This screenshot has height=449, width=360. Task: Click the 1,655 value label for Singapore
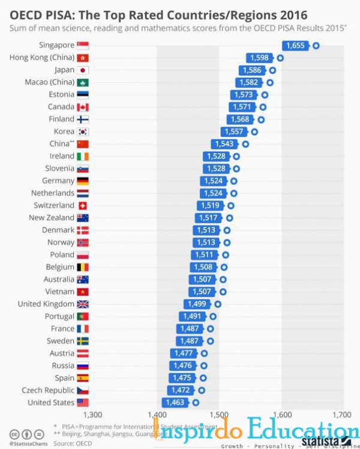pyautogui.click(x=296, y=45)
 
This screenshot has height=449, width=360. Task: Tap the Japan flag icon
pyautogui.click(x=83, y=70)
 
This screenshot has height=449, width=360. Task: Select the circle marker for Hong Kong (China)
pyautogui.click(x=280, y=58)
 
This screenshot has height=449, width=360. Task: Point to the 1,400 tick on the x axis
pyautogui.click(x=157, y=414)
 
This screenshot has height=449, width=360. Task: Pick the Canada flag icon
pyautogui.click(x=83, y=107)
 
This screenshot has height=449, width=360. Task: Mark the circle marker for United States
pyautogui.click(x=196, y=402)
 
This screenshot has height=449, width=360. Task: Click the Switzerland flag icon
pyautogui.click(x=83, y=205)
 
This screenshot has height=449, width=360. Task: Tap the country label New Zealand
pyautogui.click(x=52, y=217)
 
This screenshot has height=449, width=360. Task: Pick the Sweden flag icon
pyautogui.click(x=83, y=341)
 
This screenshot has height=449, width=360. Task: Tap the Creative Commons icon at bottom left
pyautogui.click(x=14, y=434)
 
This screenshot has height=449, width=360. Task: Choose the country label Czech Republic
pyautogui.click(x=48, y=390)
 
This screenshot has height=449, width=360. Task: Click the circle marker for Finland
pyautogui.click(x=261, y=119)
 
